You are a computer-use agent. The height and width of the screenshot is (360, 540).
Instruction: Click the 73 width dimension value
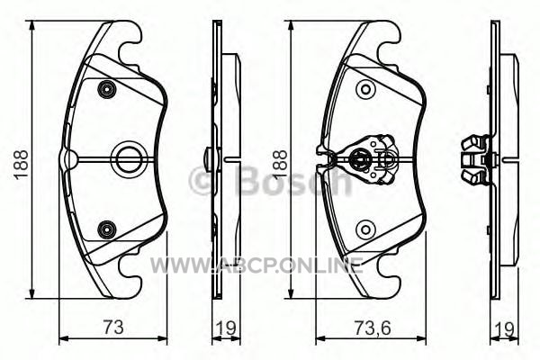coord(113,327)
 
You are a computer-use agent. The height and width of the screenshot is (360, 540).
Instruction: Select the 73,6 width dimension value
coord(373,328)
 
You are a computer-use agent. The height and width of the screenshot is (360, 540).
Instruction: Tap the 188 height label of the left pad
coord(22,165)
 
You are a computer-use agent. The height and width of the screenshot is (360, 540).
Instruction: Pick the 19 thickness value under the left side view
coord(226,328)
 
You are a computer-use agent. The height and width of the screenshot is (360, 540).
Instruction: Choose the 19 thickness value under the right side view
coord(504,329)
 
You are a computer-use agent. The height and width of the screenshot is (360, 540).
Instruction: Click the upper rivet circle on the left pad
coord(107,90)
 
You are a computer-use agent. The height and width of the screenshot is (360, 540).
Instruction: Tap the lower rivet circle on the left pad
coord(107,229)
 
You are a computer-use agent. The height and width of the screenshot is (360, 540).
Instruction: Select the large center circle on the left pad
coord(128,159)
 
